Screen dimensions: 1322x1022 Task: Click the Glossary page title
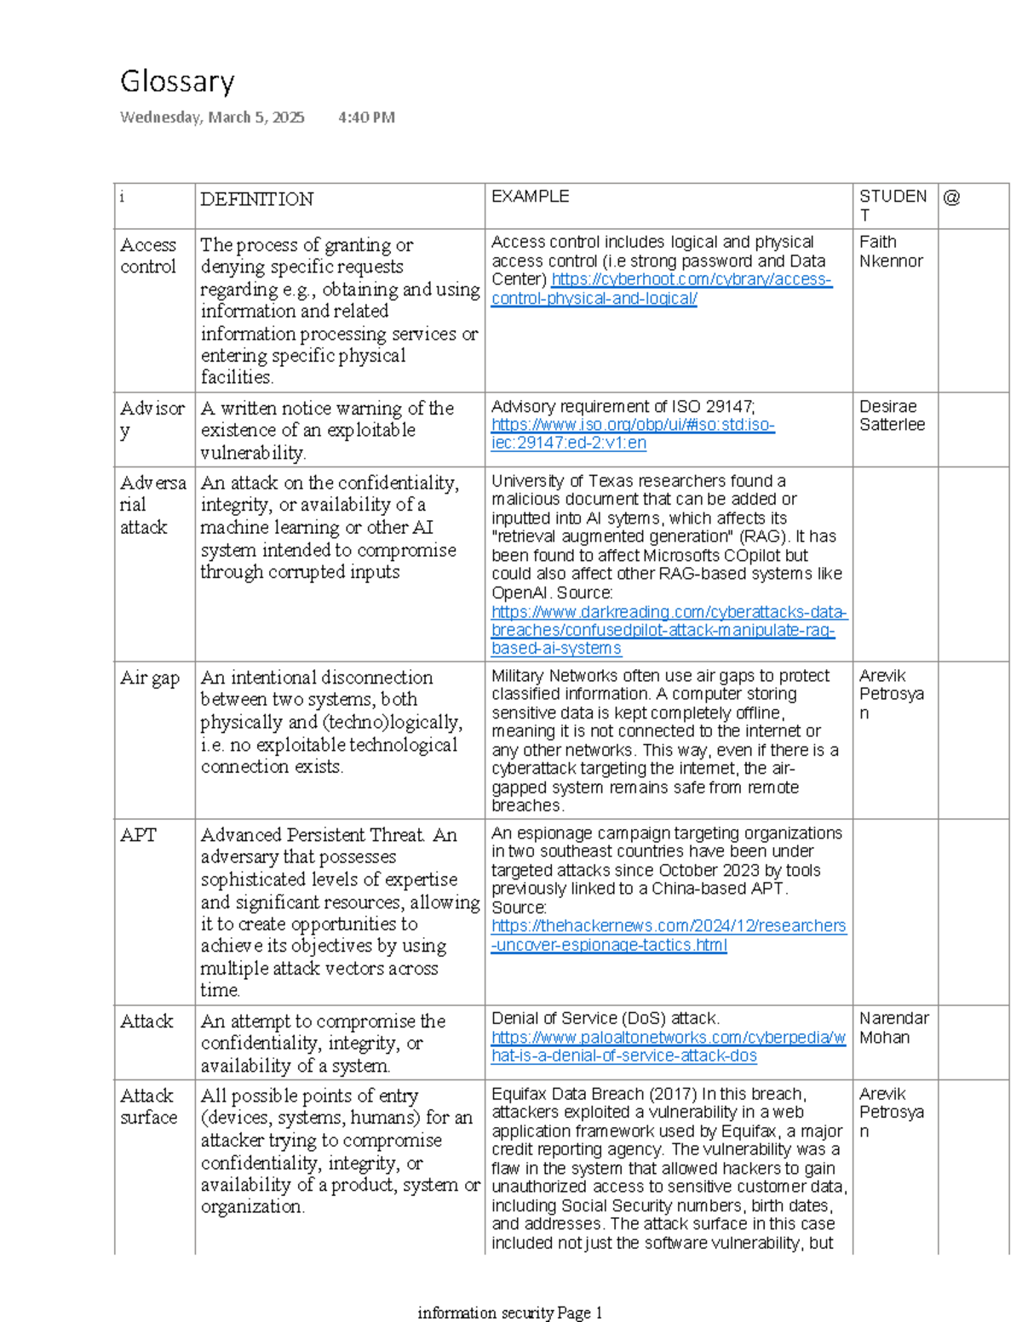pyautogui.click(x=177, y=82)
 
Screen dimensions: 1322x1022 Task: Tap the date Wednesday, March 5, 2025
pyautogui.click(x=212, y=117)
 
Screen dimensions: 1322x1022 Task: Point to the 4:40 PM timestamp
pyautogui.click(x=366, y=117)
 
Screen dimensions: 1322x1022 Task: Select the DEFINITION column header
pyautogui.click(x=256, y=199)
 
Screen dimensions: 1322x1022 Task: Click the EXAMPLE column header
pyautogui.click(x=530, y=197)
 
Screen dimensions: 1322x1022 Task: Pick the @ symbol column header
pyautogui.click(x=951, y=197)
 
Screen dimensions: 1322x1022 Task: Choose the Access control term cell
pyautogui.click(x=148, y=255)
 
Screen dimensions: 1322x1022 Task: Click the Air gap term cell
pyautogui.click(x=150, y=678)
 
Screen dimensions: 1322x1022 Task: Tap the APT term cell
pyautogui.click(x=138, y=835)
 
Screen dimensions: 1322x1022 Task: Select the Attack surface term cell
pyautogui.click(x=148, y=1106)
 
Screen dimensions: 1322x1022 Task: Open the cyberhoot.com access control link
pyautogui.click(x=661, y=289)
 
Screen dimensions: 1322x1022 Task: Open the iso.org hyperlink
pyautogui.click(x=632, y=433)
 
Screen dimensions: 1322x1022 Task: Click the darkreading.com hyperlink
pyautogui.click(x=668, y=630)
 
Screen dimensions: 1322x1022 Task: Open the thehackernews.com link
pyautogui.click(x=668, y=935)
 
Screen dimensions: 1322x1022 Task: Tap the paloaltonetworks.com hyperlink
pyautogui.click(x=668, y=1046)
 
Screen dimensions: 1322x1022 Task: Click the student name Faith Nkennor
pyautogui.click(x=890, y=251)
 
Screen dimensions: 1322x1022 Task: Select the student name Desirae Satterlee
pyautogui.click(x=891, y=415)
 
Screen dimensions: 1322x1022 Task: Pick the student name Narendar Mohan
pyautogui.click(x=893, y=1027)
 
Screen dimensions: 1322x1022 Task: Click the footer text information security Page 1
pyautogui.click(x=509, y=1313)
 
